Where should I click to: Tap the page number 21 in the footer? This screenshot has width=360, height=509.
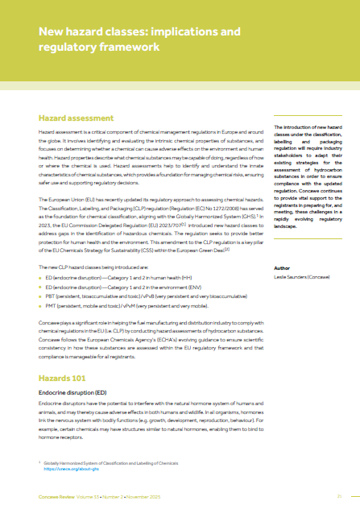tap(341, 496)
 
